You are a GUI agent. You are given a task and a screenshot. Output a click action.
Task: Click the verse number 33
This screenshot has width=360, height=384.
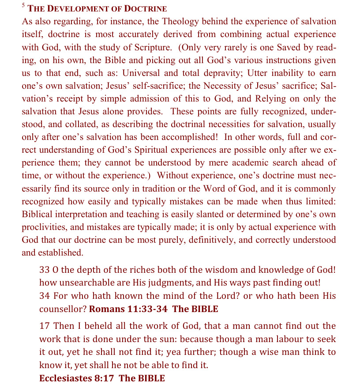(45, 270)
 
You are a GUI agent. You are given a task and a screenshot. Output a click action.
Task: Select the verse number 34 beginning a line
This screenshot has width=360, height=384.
(45, 296)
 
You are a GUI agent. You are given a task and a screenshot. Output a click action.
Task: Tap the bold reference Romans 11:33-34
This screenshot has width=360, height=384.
(128, 309)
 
